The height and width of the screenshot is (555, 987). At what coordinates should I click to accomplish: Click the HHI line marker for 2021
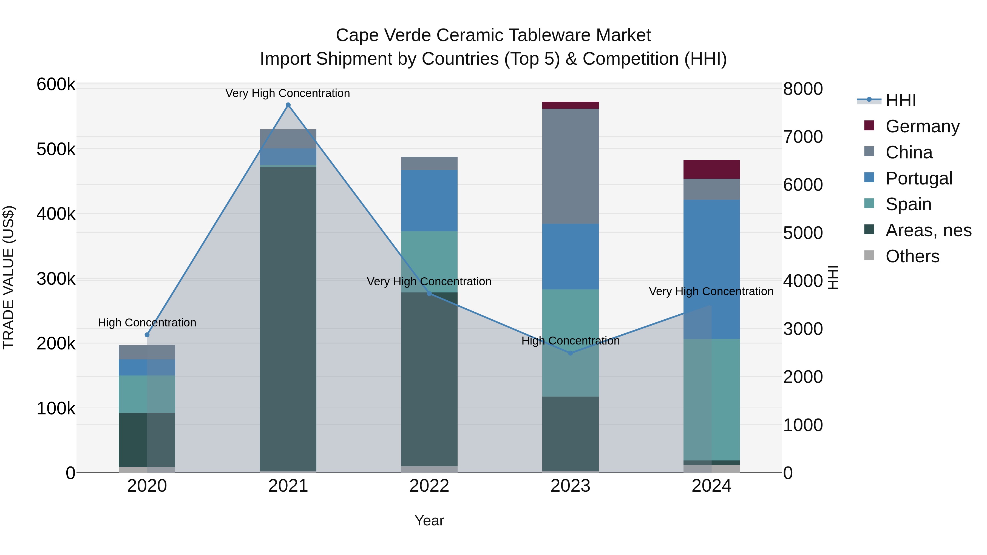(288, 105)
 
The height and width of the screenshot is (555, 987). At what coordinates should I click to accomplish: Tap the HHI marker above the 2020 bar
(147, 335)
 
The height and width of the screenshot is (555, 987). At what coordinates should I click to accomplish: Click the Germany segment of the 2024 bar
(711, 169)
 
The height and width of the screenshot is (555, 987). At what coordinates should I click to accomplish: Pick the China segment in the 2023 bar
(570, 166)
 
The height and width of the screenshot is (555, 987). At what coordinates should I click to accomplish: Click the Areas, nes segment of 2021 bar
(288, 318)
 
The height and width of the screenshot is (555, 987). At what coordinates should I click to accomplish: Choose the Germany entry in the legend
(922, 126)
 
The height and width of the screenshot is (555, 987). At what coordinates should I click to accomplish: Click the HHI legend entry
(900, 100)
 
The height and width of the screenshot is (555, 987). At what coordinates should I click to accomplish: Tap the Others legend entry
(912, 256)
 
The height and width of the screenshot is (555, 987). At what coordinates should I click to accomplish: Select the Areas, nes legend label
(928, 230)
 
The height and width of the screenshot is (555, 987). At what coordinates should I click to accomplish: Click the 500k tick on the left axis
(56, 149)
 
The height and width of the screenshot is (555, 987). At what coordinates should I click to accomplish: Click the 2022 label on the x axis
(429, 486)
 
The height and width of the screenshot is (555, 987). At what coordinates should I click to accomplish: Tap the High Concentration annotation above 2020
(147, 323)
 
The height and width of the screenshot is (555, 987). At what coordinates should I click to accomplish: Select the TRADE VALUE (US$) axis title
(8, 277)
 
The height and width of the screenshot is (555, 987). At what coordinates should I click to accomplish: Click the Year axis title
(429, 520)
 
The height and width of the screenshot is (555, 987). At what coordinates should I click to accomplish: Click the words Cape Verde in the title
(384, 35)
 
